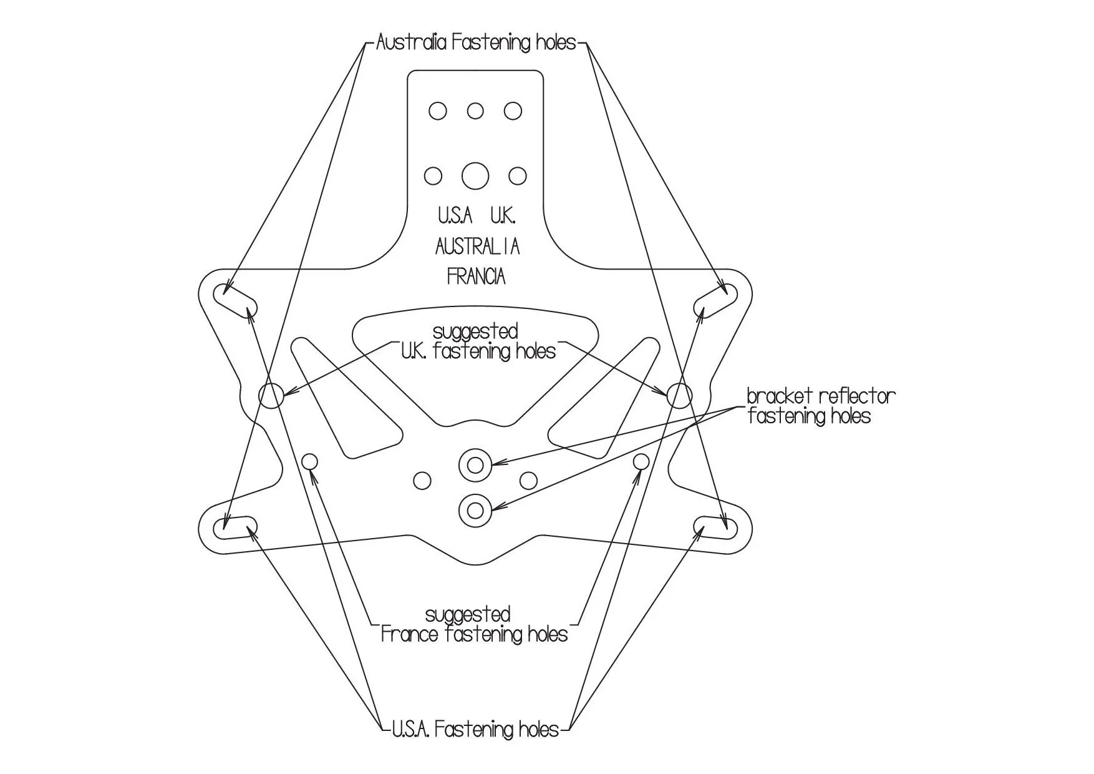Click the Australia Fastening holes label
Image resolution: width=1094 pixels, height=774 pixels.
(476, 42)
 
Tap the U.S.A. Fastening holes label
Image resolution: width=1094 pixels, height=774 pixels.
(475, 729)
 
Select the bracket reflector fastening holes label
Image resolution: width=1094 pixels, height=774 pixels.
(820, 406)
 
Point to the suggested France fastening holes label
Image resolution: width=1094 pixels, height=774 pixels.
(474, 624)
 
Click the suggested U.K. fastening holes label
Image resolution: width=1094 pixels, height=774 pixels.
(477, 341)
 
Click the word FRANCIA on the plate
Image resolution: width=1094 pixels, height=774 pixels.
(476, 276)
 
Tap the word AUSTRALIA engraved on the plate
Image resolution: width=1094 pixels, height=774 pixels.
(477, 247)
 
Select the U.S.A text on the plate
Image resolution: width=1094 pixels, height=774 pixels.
(455, 216)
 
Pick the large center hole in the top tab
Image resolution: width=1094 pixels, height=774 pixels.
(475, 176)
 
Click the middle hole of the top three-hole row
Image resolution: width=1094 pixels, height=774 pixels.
(475, 111)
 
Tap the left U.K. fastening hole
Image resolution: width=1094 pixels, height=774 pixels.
(271, 395)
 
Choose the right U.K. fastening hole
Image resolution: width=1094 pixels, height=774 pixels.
(679, 395)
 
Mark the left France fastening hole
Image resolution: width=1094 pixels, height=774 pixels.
(309, 463)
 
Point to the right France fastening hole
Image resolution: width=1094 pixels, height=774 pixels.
(641, 462)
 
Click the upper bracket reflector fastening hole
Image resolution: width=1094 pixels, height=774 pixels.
(475, 464)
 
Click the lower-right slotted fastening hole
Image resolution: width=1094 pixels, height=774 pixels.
(715, 528)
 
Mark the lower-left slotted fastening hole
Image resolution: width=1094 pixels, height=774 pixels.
(235, 528)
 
